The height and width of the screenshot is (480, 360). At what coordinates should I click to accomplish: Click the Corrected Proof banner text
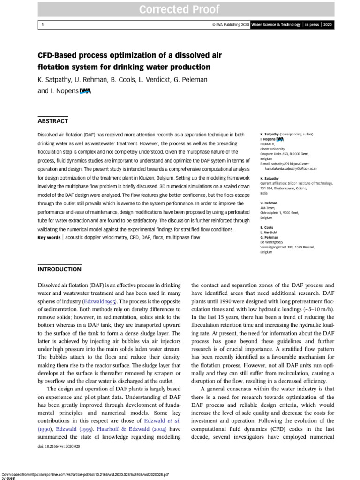pos(180,9)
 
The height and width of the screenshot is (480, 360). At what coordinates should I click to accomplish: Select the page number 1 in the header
pos(42,25)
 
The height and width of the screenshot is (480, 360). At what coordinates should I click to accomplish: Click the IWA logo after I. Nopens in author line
pos(85,91)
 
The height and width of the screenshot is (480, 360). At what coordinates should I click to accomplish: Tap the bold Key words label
pos(49,238)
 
